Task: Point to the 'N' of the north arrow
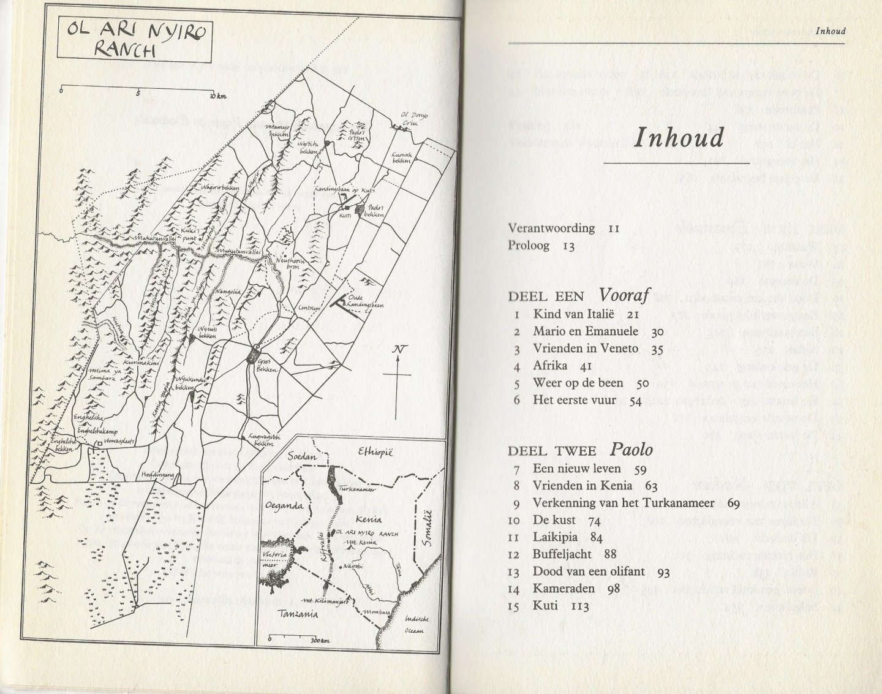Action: (x=399, y=350)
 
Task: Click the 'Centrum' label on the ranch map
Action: (x=309, y=309)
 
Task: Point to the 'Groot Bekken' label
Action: (x=266, y=366)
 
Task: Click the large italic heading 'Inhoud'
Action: (x=678, y=138)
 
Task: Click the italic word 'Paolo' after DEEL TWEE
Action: (x=631, y=450)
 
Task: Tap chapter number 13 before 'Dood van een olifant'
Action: (x=514, y=571)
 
